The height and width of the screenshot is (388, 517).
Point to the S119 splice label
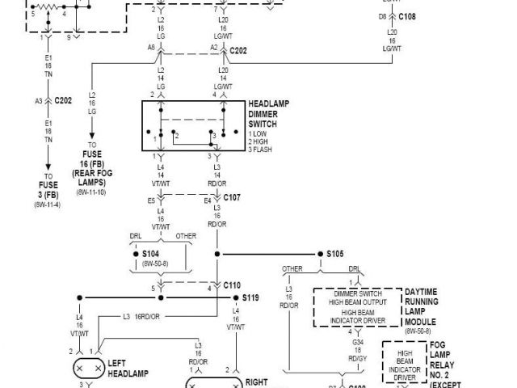click(250, 297)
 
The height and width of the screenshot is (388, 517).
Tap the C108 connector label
click(406, 15)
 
